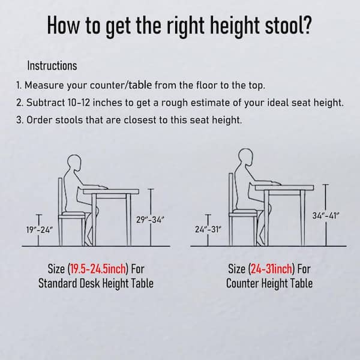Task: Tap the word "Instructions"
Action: pyautogui.click(x=52, y=65)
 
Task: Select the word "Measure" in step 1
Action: pyautogui.click(x=44, y=85)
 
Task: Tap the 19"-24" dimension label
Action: pyautogui.click(x=40, y=230)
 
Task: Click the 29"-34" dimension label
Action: pyautogui.click(x=150, y=220)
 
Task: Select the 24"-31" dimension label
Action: pyautogui.click(x=208, y=229)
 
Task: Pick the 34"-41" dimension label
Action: pyautogui.click(x=326, y=215)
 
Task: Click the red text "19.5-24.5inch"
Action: pyautogui.click(x=98, y=269)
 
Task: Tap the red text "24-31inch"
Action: pyautogui.click(x=271, y=269)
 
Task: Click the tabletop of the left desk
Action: pyautogui.click(x=111, y=191)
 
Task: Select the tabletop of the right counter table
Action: pyautogui.click(x=284, y=188)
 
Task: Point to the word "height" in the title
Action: pyautogui.click(x=235, y=26)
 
